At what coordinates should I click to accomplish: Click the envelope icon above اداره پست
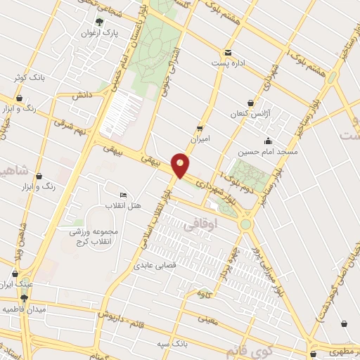point(228,53)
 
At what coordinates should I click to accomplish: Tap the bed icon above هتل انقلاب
point(124,195)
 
